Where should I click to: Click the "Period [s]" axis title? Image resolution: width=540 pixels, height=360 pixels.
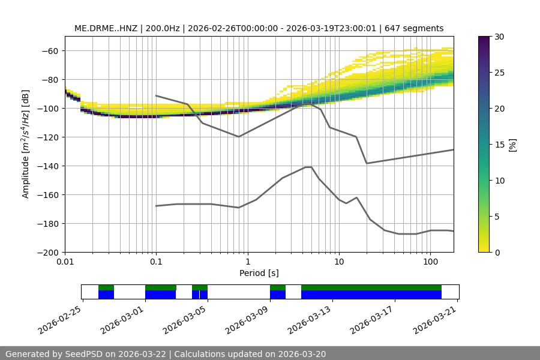(x=259, y=273)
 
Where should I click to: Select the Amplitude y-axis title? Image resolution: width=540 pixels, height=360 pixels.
(x=26, y=144)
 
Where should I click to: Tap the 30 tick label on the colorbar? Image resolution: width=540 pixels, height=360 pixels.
(x=499, y=37)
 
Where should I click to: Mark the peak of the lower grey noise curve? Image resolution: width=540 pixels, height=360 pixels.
(x=308, y=167)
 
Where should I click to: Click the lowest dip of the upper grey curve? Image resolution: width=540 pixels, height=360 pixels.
(x=367, y=163)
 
